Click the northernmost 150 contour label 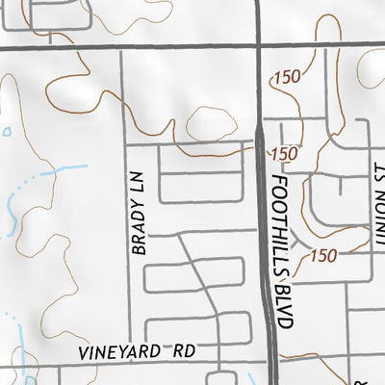(x=287, y=78)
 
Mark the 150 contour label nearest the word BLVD (x=324, y=255)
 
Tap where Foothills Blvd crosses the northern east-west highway (x=261, y=44)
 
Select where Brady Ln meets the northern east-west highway (x=122, y=45)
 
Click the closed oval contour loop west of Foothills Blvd (x=212, y=124)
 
